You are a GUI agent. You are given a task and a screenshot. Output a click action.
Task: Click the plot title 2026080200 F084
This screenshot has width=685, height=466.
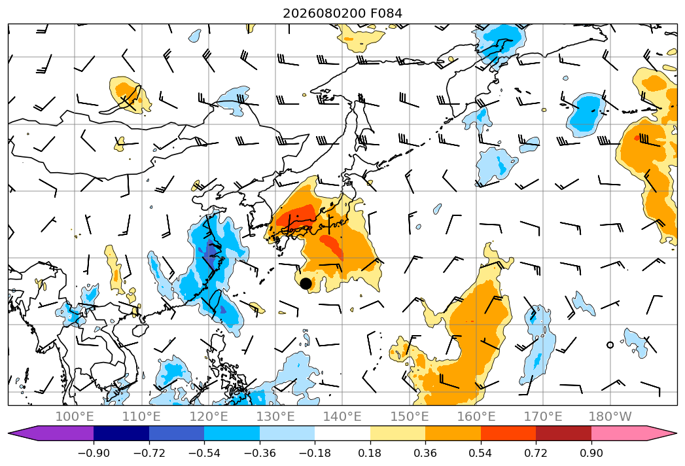(x=343, y=13)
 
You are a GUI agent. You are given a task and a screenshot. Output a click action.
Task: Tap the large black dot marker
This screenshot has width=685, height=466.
(x=306, y=283)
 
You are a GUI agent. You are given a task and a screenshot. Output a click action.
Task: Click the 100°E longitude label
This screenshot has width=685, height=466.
(x=75, y=416)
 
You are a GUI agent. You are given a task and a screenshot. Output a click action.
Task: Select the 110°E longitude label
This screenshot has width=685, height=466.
(x=141, y=416)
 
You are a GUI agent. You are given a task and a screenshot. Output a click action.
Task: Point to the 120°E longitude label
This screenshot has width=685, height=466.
(x=209, y=416)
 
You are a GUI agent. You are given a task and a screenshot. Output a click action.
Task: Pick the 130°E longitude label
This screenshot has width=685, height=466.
(x=275, y=416)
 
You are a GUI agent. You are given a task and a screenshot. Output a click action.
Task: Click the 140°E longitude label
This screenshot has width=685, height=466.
(x=342, y=416)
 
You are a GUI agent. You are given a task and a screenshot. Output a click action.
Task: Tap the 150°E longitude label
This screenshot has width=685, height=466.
(x=410, y=416)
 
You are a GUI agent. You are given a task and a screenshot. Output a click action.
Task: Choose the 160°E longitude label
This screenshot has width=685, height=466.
(x=476, y=416)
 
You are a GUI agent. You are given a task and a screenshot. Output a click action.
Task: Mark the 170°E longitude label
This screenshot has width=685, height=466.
(x=543, y=416)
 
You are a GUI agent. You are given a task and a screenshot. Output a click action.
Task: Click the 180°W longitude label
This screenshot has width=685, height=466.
(x=610, y=416)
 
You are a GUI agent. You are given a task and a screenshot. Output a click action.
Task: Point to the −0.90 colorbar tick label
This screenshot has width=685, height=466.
(x=94, y=453)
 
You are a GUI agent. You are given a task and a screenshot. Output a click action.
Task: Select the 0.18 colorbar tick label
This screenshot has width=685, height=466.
(x=370, y=453)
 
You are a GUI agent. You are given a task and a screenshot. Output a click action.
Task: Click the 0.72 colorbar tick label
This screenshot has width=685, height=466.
(x=536, y=453)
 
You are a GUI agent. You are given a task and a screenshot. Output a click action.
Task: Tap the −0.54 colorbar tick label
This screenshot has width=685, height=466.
(x=204, y=453)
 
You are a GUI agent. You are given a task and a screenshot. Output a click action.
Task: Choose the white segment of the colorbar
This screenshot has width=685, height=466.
(x=343, y=433)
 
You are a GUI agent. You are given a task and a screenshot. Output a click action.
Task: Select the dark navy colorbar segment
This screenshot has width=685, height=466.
(x=121, y=433)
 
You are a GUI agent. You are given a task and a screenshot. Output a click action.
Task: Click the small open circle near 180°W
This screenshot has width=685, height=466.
(x=610, y=345)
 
